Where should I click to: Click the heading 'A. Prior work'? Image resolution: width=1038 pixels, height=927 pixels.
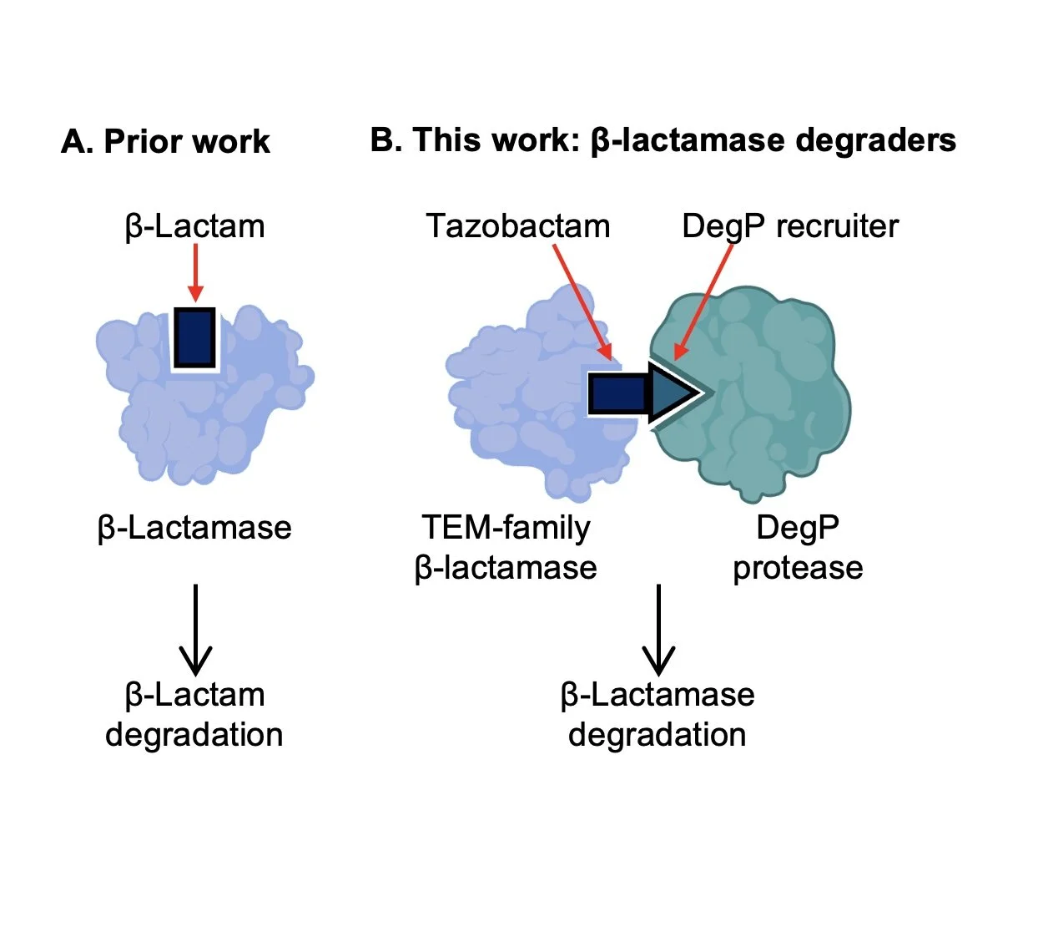coord(165,142)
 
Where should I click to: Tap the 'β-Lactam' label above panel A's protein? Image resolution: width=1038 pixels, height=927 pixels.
coord(194,226)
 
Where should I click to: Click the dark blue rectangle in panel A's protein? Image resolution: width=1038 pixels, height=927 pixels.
coord(194,337)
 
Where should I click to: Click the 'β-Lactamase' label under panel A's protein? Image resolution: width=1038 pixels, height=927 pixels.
coord(194,528)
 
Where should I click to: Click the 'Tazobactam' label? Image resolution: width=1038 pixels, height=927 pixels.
coord(517,226)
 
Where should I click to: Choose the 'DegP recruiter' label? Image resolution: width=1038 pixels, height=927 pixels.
coord(789,226)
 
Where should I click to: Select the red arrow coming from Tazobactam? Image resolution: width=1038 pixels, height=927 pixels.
coord(582,301)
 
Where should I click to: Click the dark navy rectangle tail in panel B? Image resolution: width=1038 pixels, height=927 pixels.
coord(617,393)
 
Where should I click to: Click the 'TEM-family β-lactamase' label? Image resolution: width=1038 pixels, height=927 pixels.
coord(506,547)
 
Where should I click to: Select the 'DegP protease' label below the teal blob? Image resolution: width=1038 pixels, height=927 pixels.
coord(798,547)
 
